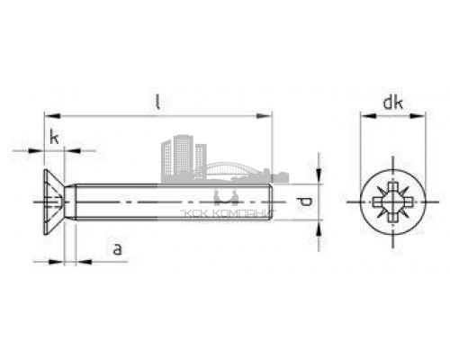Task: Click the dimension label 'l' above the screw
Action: pos(157,102)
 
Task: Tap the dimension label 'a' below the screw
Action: pos(118,249)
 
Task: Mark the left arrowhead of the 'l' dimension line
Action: pos(50,115)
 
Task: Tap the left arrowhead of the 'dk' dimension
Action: pos(364,115)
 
